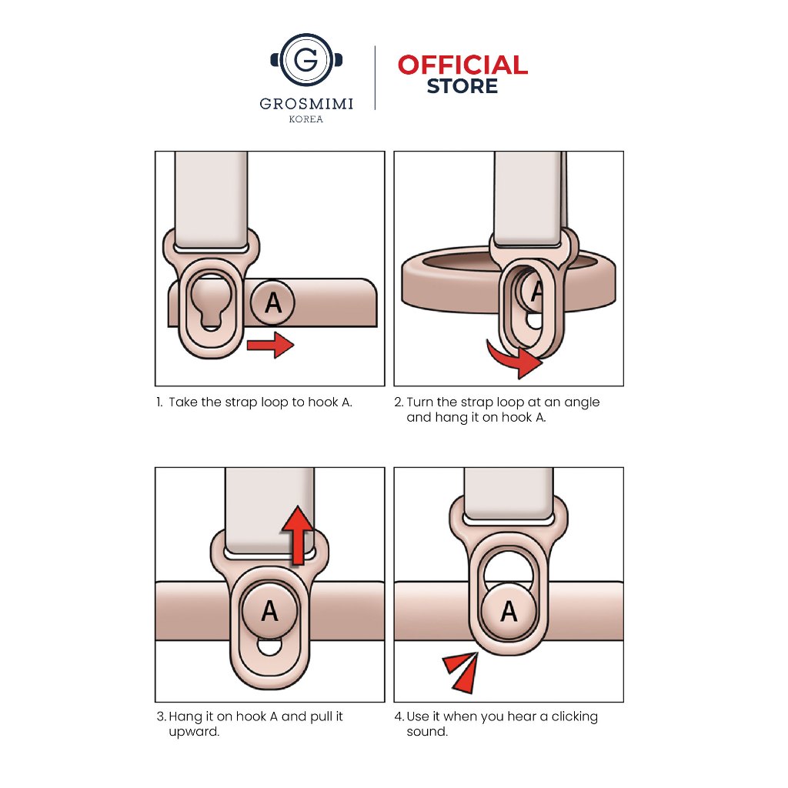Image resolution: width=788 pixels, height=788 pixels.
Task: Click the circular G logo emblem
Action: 306,60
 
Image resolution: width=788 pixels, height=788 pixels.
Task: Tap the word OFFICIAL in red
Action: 462,65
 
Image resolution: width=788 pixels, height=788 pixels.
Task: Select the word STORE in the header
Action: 462,86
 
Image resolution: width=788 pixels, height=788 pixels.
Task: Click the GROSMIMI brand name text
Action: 306,104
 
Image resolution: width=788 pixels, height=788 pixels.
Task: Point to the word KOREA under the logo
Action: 306,119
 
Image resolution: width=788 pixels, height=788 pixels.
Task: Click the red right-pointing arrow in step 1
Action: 270,345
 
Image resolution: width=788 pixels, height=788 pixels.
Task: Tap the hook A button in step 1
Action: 272,302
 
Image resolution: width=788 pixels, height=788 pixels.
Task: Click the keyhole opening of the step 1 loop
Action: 211,301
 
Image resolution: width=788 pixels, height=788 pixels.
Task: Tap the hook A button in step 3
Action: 270,611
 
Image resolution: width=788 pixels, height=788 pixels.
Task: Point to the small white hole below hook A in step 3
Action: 270,646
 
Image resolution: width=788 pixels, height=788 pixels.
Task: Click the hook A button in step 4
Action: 509,611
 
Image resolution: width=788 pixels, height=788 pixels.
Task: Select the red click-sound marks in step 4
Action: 462,672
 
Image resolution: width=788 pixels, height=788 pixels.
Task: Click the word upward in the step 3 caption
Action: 194,732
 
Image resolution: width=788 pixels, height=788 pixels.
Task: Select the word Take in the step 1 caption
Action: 183,402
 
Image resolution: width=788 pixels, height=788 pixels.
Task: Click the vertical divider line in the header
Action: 375,78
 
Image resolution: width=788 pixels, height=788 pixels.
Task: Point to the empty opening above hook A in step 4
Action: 509,567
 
